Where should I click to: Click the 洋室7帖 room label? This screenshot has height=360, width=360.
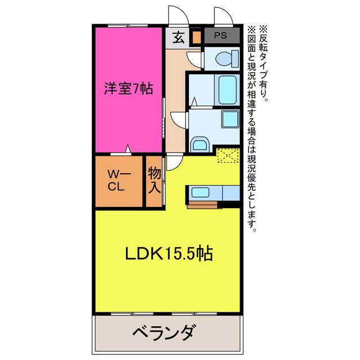(x=129, y=88)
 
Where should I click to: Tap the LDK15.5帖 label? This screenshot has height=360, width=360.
(x=169, y=253)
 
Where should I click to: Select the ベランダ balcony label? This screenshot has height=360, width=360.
(x=165, y=332)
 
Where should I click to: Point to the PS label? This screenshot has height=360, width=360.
(x=220, y=35)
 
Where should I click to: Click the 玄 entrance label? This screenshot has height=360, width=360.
(x=178, y=38)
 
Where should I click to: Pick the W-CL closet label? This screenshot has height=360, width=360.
(x=119, y=181)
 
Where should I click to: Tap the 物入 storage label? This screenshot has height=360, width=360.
(x=154, y=180)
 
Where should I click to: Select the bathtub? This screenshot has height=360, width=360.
(x=227, y=90)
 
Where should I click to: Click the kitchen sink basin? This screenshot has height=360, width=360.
(x=200, y=192)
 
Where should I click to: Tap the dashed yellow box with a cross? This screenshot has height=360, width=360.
(x=228, y=156)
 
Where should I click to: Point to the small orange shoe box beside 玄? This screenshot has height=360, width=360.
(x=196, y=37)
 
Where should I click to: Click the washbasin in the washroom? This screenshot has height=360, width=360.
(x=200, y=145)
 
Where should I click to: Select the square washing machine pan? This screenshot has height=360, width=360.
(x=230, y=119)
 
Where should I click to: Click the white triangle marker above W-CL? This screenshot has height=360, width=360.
(x=128, y=148)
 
